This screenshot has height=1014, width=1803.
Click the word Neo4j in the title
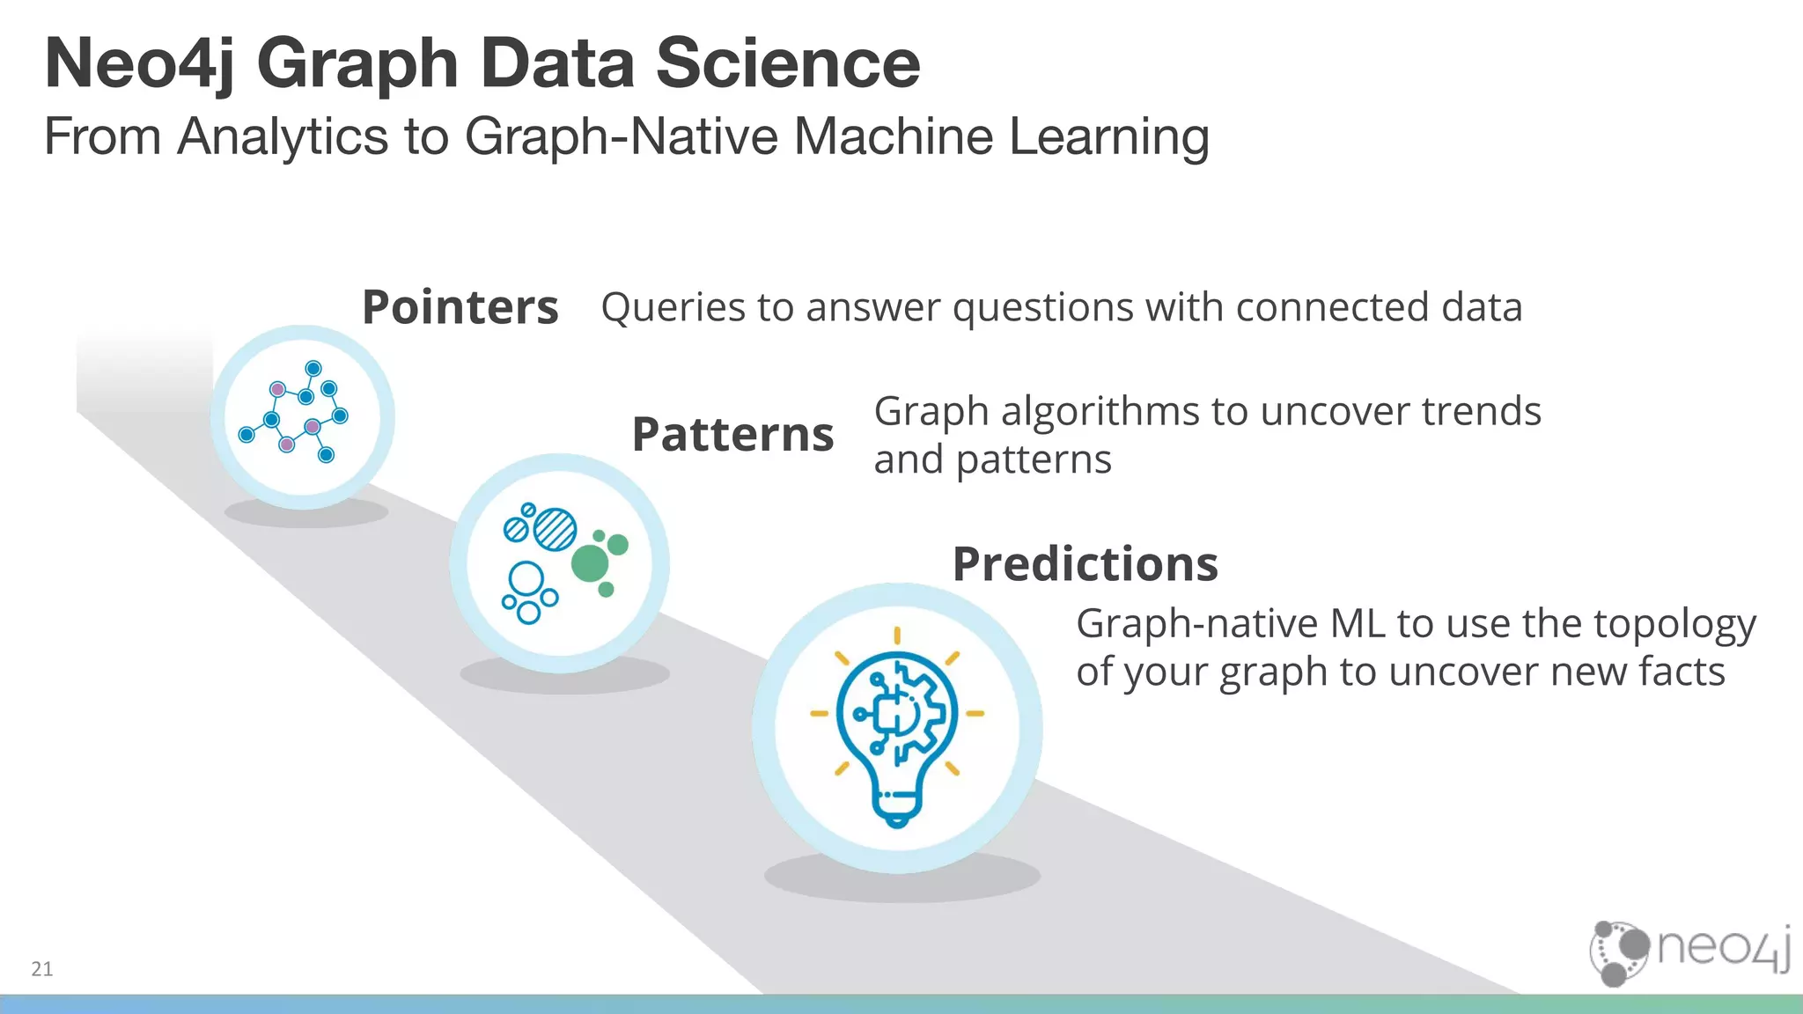pyautogui.click(x=139, y=63)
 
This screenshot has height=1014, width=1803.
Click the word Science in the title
pyautogui.click(x=787, y=63)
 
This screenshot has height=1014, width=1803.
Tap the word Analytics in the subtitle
pyautogui.click(x=282, y=137)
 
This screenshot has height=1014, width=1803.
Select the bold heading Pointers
pyautogui.click(x=460, y=307)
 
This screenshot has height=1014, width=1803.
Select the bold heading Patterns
pyautogui.click(x=732, y=434)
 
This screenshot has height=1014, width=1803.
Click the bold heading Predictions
pyautogui.click(x=1085, y=563)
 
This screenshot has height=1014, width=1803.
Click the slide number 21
pyautogui.click(x=41, y=969)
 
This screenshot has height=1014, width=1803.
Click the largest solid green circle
pyautogui.click(x=590, y=562)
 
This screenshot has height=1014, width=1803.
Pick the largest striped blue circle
pyautogui.click(x=556, y=529)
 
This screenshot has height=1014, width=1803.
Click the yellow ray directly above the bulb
pyautogui.click(x=896, y=635)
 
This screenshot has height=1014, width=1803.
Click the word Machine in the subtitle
pyautogui.click(x=894, y=137)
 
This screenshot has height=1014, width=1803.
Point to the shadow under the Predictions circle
pyautogui.click(x=901, y=879)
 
